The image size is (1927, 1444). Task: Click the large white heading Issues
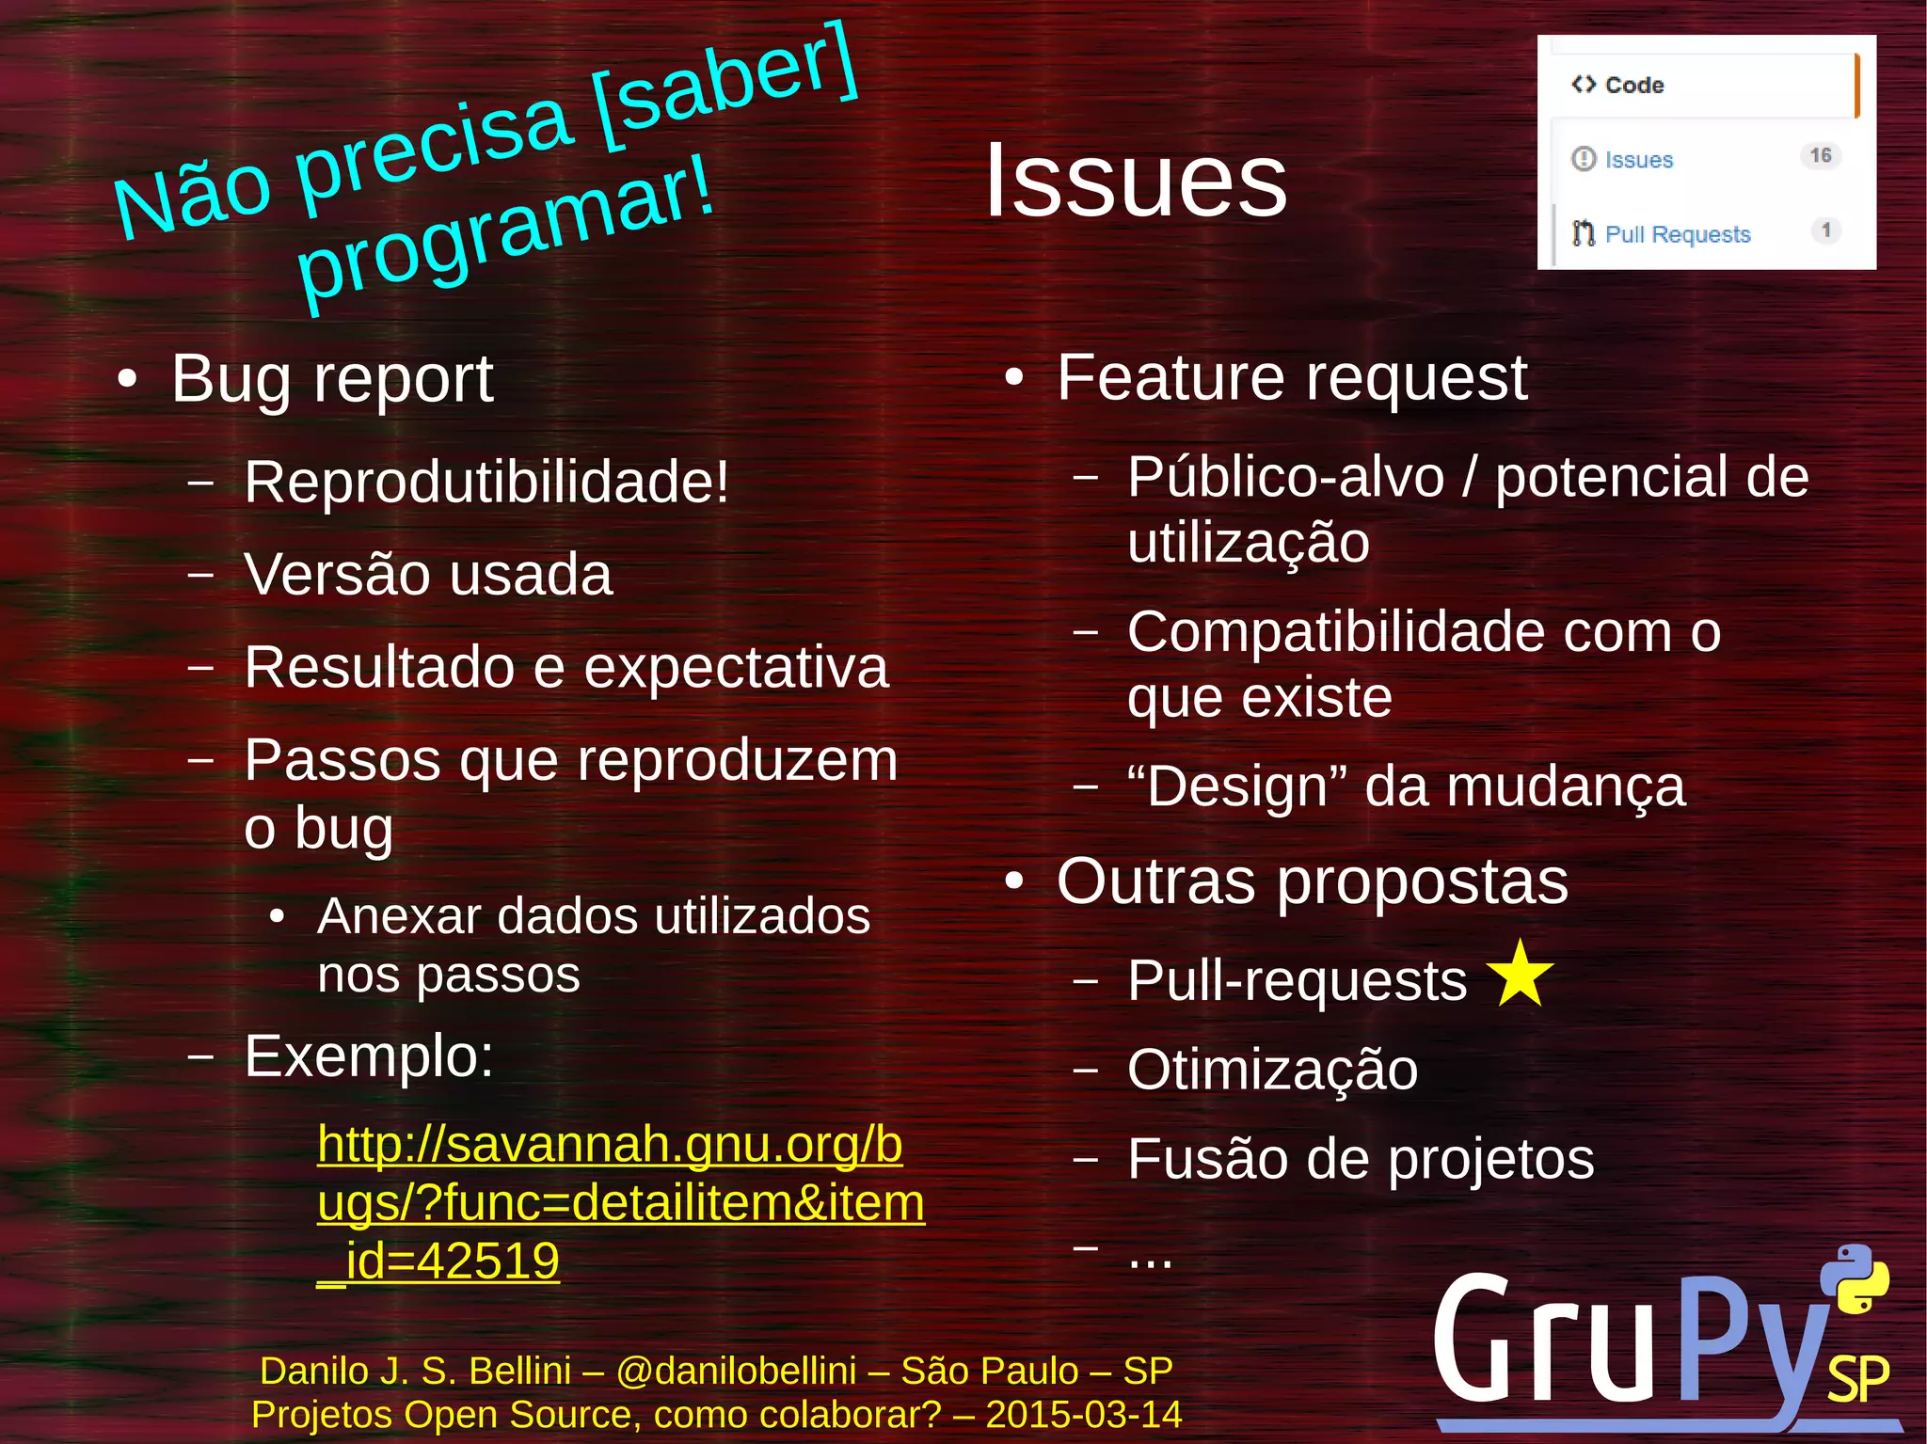[1136, 181]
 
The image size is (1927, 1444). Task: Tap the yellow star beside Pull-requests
[1520, 976]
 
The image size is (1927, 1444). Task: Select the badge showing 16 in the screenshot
[1820, 156]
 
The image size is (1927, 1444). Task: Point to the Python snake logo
[1854, 1278]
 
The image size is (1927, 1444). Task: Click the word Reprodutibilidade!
[486, 482]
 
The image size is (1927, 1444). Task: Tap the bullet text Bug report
[332, 378]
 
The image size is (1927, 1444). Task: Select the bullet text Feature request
[1291, 377]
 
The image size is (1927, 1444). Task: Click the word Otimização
[1272, 1070]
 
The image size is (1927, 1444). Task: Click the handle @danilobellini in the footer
[736, 1371]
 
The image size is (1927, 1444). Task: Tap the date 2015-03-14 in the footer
[1083, 1414]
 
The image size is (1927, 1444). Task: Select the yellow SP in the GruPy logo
[1857, 1379]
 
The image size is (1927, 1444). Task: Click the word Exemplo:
[369, 1055]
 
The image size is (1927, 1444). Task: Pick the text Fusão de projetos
[1361, 1158]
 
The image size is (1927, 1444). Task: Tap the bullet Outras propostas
[1312, 881]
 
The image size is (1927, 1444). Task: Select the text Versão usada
[428, 574]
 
